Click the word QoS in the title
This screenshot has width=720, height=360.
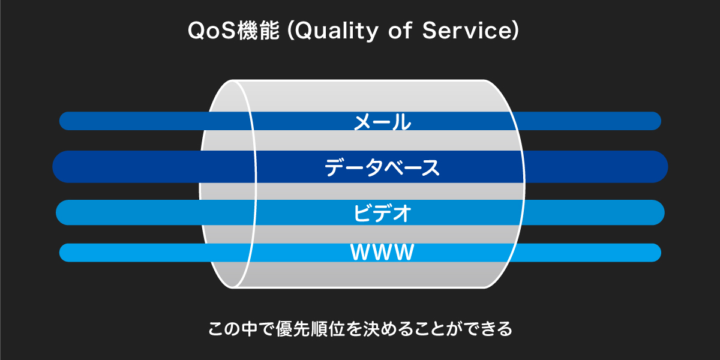(x=212, y=31)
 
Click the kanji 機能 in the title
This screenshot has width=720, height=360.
(x=259, y=31)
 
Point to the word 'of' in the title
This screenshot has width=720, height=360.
(x=400, y=31)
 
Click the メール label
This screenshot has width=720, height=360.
(x=382, y=122)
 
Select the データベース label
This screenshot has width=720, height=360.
(x=382, y=167)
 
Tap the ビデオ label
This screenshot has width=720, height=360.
(x=382, y=213)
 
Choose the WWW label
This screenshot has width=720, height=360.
(x=382, y=253)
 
